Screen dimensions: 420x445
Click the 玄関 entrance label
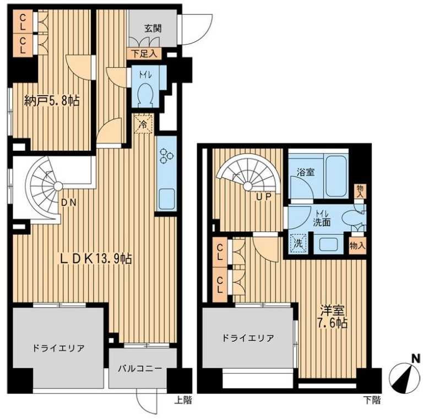point(153,29)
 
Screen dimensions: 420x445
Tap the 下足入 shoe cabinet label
point(145,54)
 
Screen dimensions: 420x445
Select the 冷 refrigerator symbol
point(143,125)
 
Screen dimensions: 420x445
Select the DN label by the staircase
point(69,203)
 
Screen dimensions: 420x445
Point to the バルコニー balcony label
point(143,369)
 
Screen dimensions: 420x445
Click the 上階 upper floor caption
point(183,401)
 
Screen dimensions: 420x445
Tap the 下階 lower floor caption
point(372,401)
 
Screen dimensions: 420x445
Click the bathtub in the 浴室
point(336,176)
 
